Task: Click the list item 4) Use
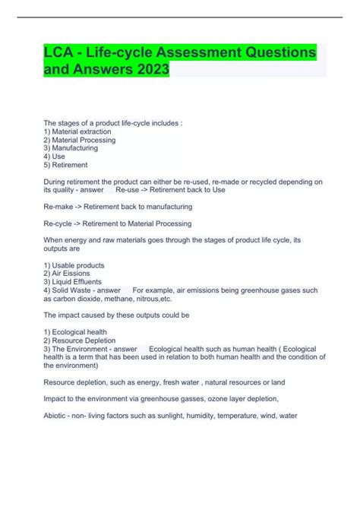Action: (55, 157)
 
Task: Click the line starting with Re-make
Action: (118, 206)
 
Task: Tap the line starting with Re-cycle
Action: (118, 223)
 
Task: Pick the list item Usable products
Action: (74, 265)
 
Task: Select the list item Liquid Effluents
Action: (74, 282)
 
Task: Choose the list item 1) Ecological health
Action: (75, 332)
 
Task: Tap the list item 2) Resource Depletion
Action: (79, 341)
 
